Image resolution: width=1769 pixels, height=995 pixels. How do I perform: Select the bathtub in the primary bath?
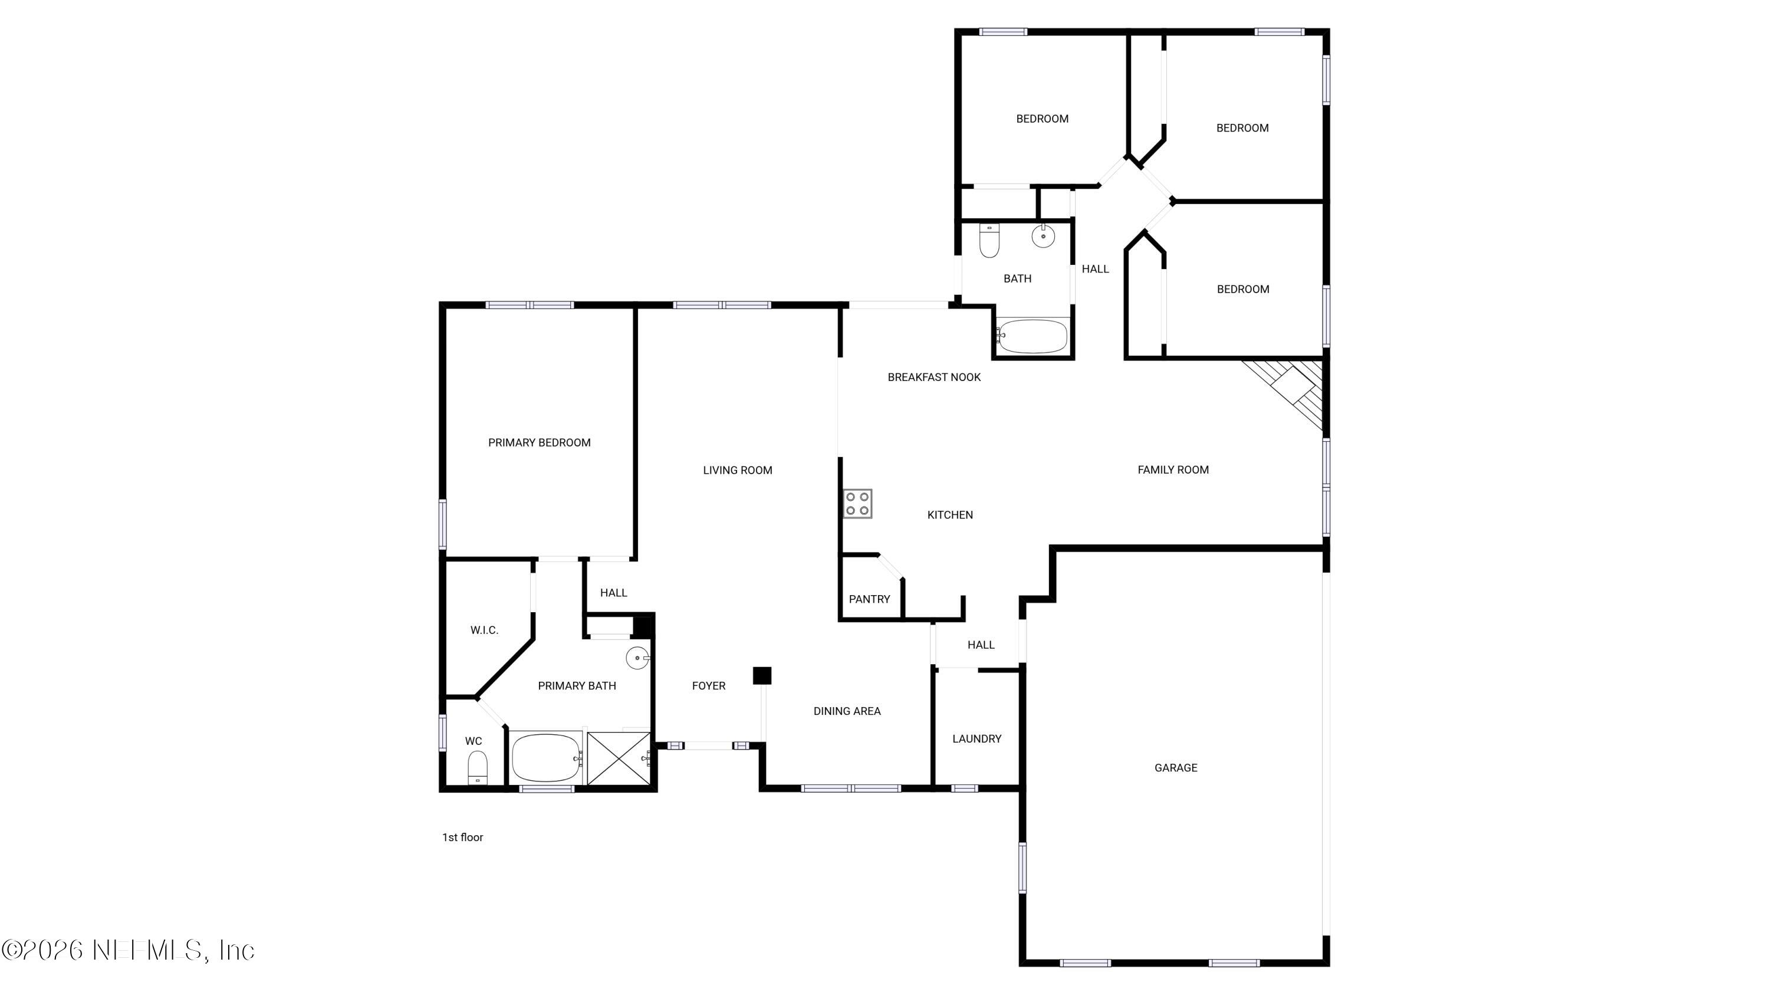pos(546,757)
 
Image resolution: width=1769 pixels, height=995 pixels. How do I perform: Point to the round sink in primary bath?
pos(637,658)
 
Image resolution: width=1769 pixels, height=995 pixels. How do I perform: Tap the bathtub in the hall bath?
pos(1032,336)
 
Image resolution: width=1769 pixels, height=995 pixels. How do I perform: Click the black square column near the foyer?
pos(762,676)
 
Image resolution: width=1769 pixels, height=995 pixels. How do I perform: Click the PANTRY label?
pos(869,599)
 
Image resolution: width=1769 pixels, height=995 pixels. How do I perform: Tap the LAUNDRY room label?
pos(976,739)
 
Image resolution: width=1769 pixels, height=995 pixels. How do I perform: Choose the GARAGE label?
pos(1176,768)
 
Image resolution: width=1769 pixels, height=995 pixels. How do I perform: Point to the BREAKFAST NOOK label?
pos(934,377)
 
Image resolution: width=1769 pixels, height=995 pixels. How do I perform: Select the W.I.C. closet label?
pos(484,631)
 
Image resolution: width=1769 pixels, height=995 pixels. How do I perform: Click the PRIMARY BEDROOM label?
pos(539,443)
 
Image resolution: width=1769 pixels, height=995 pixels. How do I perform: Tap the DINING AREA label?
pos(847,711)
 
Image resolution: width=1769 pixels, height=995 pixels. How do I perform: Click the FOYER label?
pos(709,686)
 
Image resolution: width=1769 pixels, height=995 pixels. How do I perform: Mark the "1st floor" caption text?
pos(462,837)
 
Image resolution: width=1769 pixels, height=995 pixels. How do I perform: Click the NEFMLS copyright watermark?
pos(129,950)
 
